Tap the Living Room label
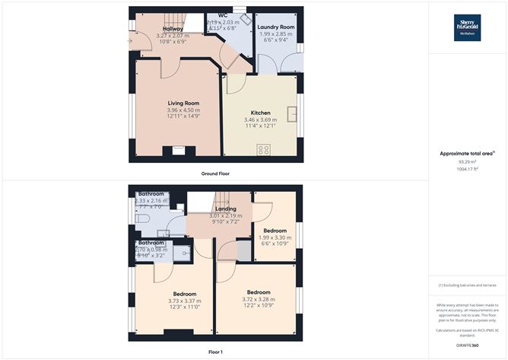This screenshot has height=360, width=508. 183,104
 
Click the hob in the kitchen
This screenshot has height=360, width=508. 265,149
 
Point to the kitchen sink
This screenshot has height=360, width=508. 291,113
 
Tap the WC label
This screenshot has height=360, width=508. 223,15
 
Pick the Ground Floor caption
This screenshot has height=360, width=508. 215,174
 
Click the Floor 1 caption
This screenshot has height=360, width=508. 215,352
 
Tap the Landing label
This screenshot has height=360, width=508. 226,209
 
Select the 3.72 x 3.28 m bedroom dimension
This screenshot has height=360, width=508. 259,300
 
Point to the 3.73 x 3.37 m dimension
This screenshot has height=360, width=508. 185,301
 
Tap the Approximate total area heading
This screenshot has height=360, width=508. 467,154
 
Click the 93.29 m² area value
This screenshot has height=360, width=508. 467,162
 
